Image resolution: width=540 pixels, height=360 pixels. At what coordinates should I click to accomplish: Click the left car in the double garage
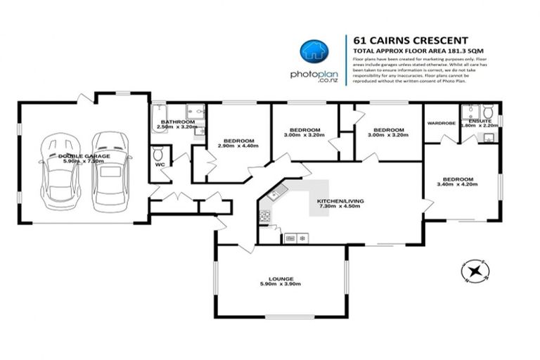pos(56,171)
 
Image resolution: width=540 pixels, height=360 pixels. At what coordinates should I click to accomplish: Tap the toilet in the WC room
pos(159,153)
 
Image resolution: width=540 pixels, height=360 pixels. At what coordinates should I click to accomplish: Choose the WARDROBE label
pos(442,123)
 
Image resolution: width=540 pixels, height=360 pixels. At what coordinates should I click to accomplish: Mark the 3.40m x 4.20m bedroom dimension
pos(457,185)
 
